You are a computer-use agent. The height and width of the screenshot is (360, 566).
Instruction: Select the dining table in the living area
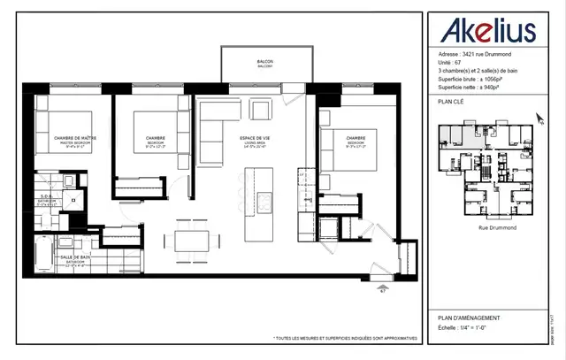193,241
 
